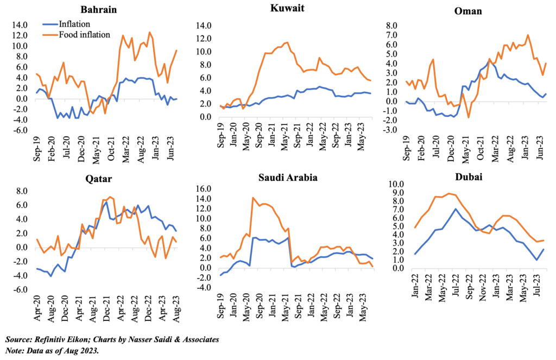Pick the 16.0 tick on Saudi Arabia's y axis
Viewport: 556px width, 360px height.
pyautogui.click(x=202, y=188)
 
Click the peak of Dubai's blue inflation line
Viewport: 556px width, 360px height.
pyautogui.click(x=457, y=209)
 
